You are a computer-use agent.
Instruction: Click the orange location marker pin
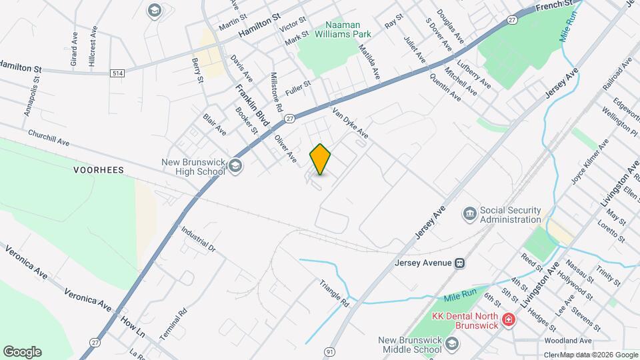pyautogui.click(x=320, y=159)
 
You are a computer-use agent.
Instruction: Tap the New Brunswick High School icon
pyautogui.click(x=235, y=166)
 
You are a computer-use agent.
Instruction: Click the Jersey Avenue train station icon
pyautogui.click(x=460, y=262)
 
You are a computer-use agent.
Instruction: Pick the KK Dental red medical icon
pyautogui.click(x=508, y=319)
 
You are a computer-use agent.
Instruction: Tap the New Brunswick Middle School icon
pyautogui.click(x=453, y=343)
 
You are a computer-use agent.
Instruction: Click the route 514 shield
pyautogui.click(x=119, y=73)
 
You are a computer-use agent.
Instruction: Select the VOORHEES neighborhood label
pyautogui.click(x=99, y=170)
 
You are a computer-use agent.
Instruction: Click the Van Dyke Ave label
pyautogui.click(x=350, y=123)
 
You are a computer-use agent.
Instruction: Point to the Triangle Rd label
pyautogui.click(x=335, y=291)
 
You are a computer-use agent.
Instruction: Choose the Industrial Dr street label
pyautogui.click(x=199, y=239)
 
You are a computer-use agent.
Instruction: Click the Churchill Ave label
pyautogui.click(x=49, y=137)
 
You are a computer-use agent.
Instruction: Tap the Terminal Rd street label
pyautogui.click(x=173, y=321)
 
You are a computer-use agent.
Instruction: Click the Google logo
pyautogui.click(x=22, y=352)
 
